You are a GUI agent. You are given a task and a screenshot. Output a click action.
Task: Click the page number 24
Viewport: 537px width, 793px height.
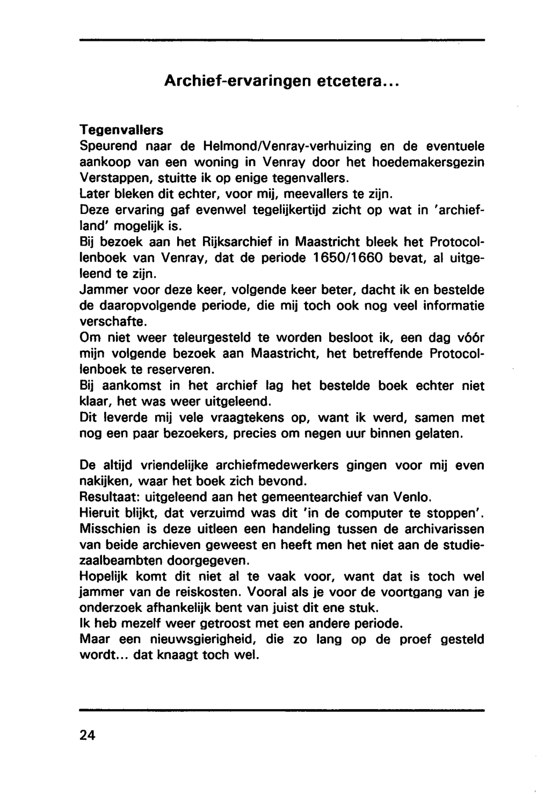coord(87,735)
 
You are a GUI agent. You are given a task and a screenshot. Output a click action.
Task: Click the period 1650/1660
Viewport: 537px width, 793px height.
coord(347,258)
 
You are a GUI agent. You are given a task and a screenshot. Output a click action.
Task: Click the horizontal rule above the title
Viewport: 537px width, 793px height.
coord(282,40)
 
